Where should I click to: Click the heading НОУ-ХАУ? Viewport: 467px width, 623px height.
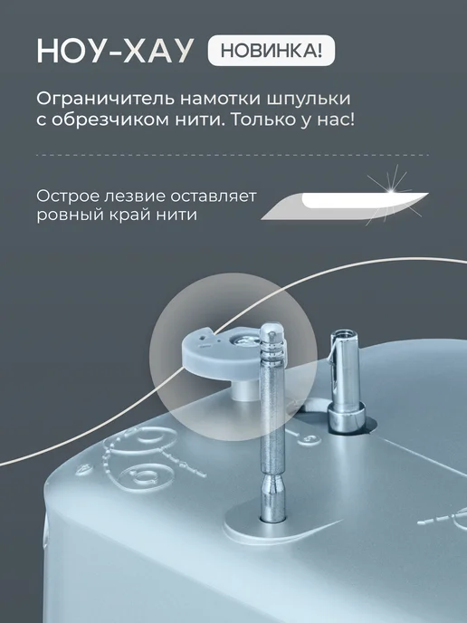click(x=115, y=52)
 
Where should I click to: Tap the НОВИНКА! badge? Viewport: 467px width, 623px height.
click(x=272, y=51)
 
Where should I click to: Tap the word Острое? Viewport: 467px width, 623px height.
click(x=65, y=196)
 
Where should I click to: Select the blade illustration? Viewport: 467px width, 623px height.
click(x=345, y=206)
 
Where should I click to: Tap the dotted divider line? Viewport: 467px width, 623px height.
click(x=233, y=155)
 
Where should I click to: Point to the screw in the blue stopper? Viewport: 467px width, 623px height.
click(x=242, y=340)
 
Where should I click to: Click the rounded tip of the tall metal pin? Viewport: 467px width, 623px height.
click(x=272, y=330)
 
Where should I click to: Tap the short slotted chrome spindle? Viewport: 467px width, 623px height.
click(x=345, y=382)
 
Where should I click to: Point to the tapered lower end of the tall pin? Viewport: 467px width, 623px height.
click(x=273, y=497)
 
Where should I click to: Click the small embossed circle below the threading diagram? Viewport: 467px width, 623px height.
click(x=147, y=474)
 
